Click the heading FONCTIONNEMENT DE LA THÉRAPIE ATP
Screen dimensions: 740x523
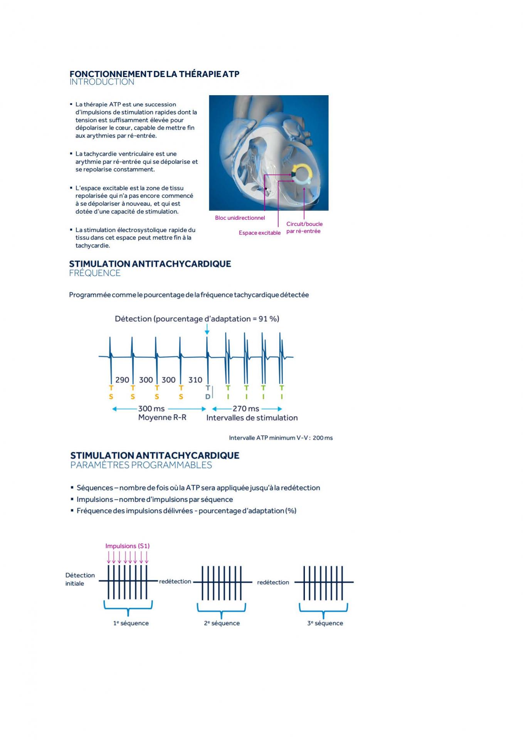tap(154, 74)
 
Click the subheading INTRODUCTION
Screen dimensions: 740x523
tap(102, 82)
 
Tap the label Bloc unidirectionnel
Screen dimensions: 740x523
tap(240, 218)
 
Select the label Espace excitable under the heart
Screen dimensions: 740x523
tap(259, 233)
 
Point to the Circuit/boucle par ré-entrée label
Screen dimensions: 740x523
tap(304, 227)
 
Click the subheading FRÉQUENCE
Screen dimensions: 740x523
tap(95, 273)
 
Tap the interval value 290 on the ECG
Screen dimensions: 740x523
tap(122, 380)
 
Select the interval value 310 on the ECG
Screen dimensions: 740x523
tap(195, 380)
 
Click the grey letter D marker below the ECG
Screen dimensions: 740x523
tap(207, 397)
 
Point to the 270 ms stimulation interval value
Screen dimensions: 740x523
tap(246, 409)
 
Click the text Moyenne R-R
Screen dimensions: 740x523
tap(162, 418)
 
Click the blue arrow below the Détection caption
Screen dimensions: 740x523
tap(207, 329)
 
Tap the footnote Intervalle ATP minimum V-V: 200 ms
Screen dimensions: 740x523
tap(281, 438)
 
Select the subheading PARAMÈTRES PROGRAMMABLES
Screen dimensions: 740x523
tap(141, 465)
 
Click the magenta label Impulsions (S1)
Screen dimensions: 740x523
tap(127, 546)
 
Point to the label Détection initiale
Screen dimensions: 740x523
tap(80, 579)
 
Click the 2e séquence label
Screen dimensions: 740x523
tap(222, 623)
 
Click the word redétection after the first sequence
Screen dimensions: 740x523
tap(175, 581)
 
